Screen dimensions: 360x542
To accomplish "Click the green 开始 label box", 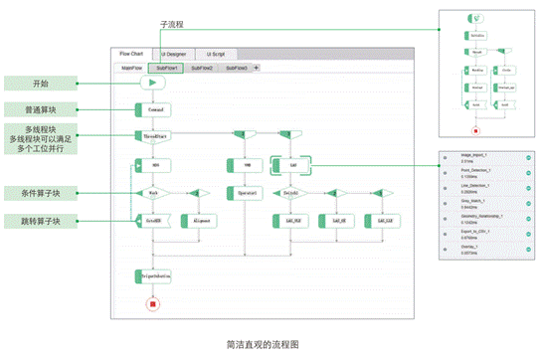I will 41,84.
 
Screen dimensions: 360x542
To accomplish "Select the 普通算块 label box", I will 41,108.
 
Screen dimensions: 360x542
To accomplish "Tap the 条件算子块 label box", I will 41,193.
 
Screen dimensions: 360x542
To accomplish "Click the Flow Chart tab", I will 131,54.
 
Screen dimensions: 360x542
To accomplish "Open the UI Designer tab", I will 173,54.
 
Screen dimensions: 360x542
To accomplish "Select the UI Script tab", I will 216,54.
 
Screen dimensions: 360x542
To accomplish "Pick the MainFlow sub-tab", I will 131,68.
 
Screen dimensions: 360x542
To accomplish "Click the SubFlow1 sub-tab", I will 165,68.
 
